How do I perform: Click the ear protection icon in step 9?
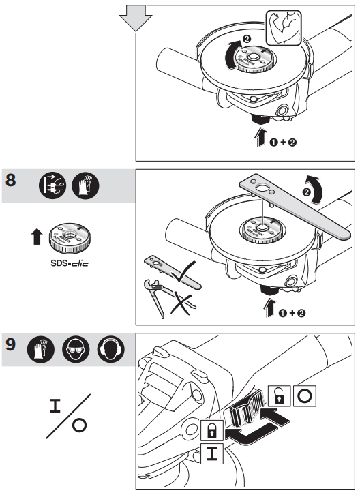pos(110,350)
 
